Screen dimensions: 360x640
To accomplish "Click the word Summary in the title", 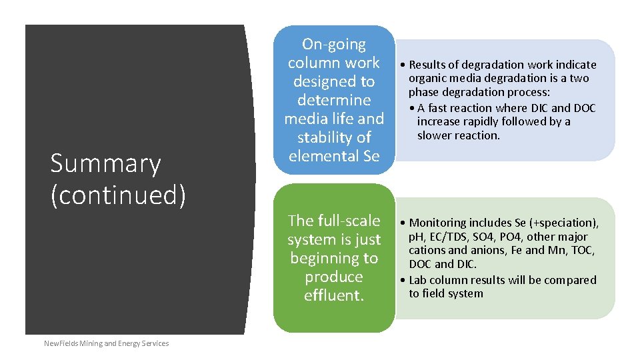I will [105, 164].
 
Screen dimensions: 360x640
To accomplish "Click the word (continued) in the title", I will [118, 195].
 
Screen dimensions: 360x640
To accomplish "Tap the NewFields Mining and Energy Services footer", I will [106, 343].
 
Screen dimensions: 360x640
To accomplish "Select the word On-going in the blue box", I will [333, 45].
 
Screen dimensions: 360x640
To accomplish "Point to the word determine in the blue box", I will [333, 100].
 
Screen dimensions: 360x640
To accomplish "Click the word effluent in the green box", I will [333, 295].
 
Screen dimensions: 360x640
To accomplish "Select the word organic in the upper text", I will [428, 79].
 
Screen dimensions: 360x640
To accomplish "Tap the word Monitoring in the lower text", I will [441, 223].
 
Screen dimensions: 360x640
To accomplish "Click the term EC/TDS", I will [453, 237].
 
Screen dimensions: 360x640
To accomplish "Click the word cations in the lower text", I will [428, 250].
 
